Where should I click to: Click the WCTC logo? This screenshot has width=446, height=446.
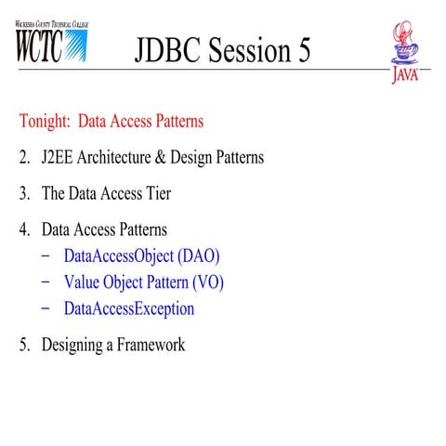pyautogui.click(x=53, y=43)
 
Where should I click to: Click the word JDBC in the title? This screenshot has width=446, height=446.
pyautogui.click(x=167, y=51)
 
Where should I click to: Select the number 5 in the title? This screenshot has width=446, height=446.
pyautogui.click(x=303, y=51)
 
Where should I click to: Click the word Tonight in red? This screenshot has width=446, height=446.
pyautogui.click(x=45, y=121)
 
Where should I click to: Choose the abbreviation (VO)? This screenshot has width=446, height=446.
pyautogui.click(x=205, y=282)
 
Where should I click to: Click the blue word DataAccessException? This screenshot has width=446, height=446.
pyautogui.click(x=129, y=308)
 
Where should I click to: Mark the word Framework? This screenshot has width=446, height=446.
pyautogui.click(x=147, y=345)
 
